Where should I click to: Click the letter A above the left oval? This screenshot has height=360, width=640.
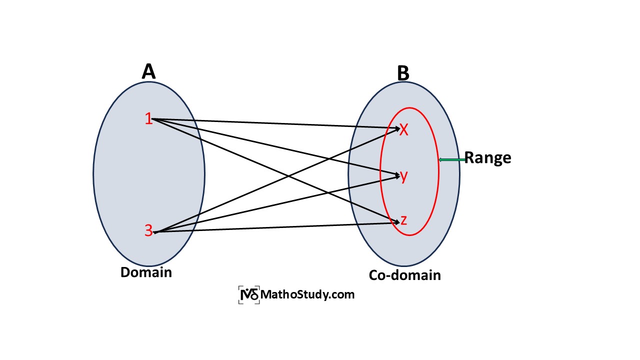tap(148, 71)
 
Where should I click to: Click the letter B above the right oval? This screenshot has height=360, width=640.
tap(403, 73)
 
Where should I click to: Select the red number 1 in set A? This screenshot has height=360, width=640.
tap(148, 119)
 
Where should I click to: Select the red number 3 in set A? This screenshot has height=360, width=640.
tap(148, 230)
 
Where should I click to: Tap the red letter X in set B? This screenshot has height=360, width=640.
tap(404, 130)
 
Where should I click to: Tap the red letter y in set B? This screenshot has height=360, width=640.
tap(404, 176)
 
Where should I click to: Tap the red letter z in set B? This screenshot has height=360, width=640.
tap(404, 220)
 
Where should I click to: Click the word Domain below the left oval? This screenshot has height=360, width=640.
tap(146, 272)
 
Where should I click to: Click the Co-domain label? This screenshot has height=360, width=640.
tap(405, 275)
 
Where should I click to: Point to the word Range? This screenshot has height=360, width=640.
tap(487, 158)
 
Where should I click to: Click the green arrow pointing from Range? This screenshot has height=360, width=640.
tap(451, 159)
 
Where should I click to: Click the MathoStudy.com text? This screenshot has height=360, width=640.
tap(307, 294)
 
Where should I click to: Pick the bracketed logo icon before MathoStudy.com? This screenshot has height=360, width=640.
tap(249, 295)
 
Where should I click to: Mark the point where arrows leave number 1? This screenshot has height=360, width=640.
tap(153, 119)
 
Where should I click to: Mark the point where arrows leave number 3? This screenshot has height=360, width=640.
tap(155, 232)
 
